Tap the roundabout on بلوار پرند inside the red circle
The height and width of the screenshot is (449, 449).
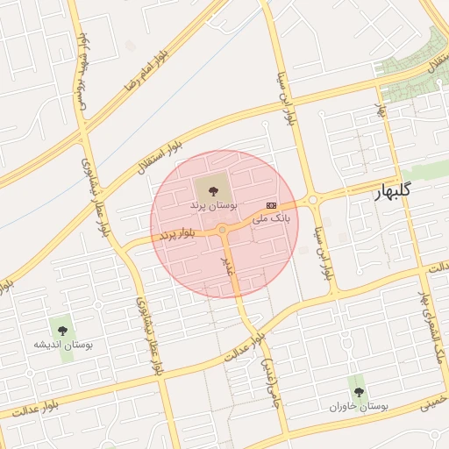point(224,230)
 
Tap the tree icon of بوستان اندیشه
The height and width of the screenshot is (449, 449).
point(61,330)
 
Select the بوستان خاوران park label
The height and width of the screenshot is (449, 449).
point(359,407)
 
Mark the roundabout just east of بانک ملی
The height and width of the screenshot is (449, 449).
point(313,199)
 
